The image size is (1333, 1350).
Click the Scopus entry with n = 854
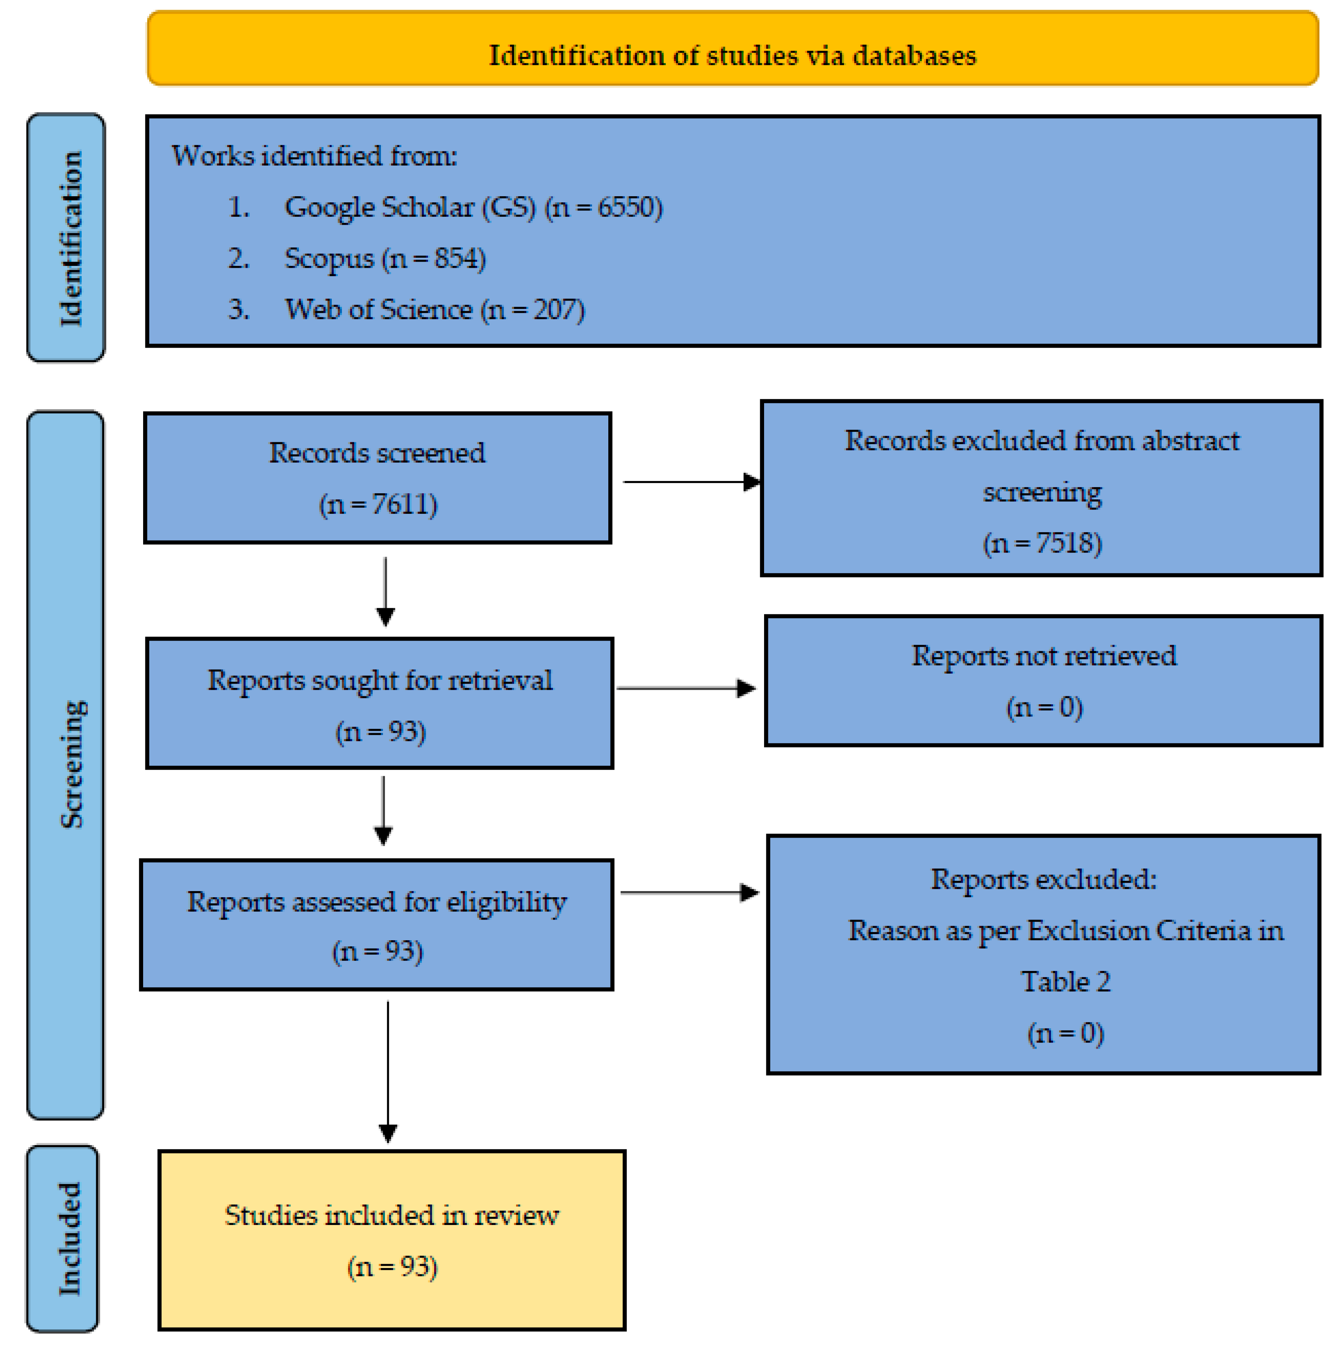(x=385, y=258)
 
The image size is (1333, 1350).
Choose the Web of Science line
(x=433, y=310)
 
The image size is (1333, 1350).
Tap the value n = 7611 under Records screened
(x=378, y=504)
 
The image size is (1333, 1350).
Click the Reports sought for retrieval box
(x=380, y=702)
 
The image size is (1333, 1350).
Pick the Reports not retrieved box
(x=1043, y=680)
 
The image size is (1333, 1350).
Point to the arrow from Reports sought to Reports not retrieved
(x=685, y=688)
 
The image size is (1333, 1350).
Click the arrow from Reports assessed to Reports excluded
(x=689, y=892)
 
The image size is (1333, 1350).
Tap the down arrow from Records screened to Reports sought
(x=385, y=590)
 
